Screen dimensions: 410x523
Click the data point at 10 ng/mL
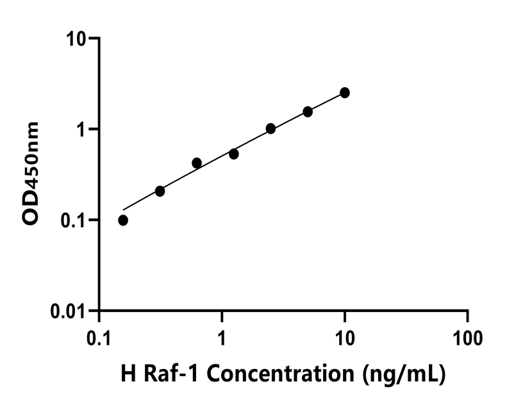345,93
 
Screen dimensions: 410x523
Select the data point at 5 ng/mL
308,111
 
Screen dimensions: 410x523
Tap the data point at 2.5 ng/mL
270,129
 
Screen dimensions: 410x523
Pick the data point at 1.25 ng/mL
234,154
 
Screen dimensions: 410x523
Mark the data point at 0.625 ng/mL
197,163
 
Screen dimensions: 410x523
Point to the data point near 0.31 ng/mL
160,191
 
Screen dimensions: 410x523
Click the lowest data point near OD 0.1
123,220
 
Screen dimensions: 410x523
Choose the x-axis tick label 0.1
99,336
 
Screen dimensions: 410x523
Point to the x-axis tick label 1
222,336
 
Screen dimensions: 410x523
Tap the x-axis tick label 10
345,336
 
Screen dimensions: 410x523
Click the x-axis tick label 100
467,336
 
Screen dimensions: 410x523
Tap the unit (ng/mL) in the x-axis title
403,374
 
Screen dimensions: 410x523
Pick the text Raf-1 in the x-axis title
163,374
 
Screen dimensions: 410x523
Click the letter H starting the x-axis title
128,374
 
